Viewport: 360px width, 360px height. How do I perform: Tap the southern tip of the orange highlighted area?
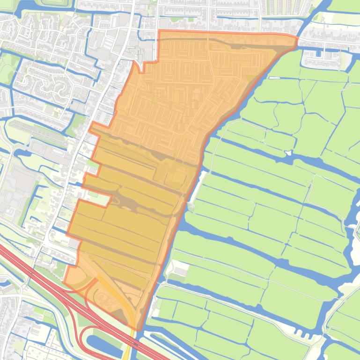click(x=136, y=329)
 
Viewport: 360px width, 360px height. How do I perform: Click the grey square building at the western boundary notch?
click(x=74, y=244)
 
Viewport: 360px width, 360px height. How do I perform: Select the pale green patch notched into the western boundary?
click(x=99, y=199)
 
